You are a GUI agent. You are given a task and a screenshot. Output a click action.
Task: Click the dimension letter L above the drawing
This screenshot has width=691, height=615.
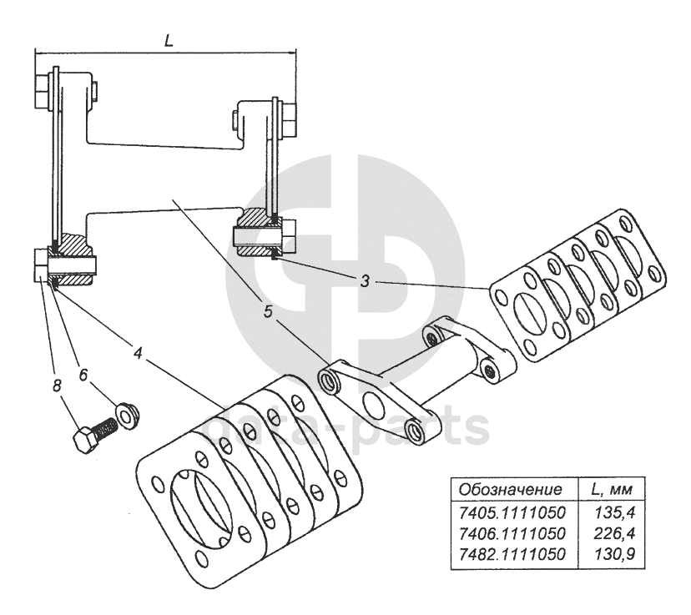pyautogui.click(x=169, y=40)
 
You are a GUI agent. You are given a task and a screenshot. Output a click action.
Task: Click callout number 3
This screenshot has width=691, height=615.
pyautogui.click(x=365, y=280)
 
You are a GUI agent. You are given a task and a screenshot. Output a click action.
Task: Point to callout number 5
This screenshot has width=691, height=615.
pyautogui.click(x=267, y=313)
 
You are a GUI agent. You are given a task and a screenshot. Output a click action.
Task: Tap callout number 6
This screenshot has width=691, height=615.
pyautogui.click(x=83, y=376)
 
